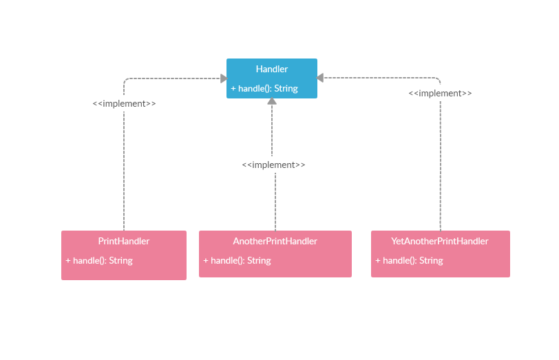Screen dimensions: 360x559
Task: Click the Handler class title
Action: (x=272, y=69)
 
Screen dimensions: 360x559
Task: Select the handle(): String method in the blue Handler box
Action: (x=264, y=88)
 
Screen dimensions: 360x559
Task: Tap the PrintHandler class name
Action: (x=124, y=241)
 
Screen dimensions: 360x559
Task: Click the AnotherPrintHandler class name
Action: (x=275, y=241)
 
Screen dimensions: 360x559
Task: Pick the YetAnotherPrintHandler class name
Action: (x=440, y=241)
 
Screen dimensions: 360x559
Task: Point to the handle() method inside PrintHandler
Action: (x=99, y=260)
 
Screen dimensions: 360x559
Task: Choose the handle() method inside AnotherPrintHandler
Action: (x=237, y=260)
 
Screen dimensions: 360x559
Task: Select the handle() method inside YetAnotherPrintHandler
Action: (x=409, y=260)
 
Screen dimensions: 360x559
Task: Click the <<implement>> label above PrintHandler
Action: (x=124, y=103)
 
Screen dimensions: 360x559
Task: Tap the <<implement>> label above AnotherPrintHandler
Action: (x=273, y=165)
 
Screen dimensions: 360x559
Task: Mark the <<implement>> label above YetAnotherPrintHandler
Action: (x=440, y=93)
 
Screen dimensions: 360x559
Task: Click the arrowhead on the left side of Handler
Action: (x=223, y=78)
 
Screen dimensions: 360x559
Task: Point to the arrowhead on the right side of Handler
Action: (x=321, y=78)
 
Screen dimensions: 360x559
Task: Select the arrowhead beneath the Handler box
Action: (x=272, y=102)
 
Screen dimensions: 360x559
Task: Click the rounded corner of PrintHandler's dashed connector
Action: (x=126, y=81)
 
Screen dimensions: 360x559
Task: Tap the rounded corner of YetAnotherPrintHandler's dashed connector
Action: (x=438, y=81)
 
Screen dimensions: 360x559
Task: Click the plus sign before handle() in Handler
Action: (x=233, y=88)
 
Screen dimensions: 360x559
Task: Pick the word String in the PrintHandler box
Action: (x=120, y=260)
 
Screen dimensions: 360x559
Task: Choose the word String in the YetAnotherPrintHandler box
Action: (x=431, y=260)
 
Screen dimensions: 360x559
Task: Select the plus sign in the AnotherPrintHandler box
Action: (x=206, y=260)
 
